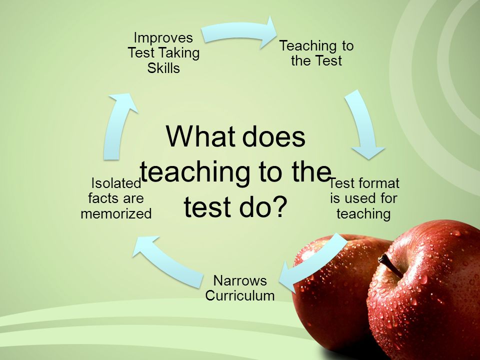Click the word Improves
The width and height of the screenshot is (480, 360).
point(163,38)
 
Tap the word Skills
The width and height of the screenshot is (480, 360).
point(163,67)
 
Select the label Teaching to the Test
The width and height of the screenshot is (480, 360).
point(316,53)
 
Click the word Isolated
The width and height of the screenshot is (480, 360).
point(116,183)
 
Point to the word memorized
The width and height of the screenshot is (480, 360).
point(116,213)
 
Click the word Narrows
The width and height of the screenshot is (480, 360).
point(240,280)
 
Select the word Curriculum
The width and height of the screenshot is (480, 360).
point(240,295)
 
